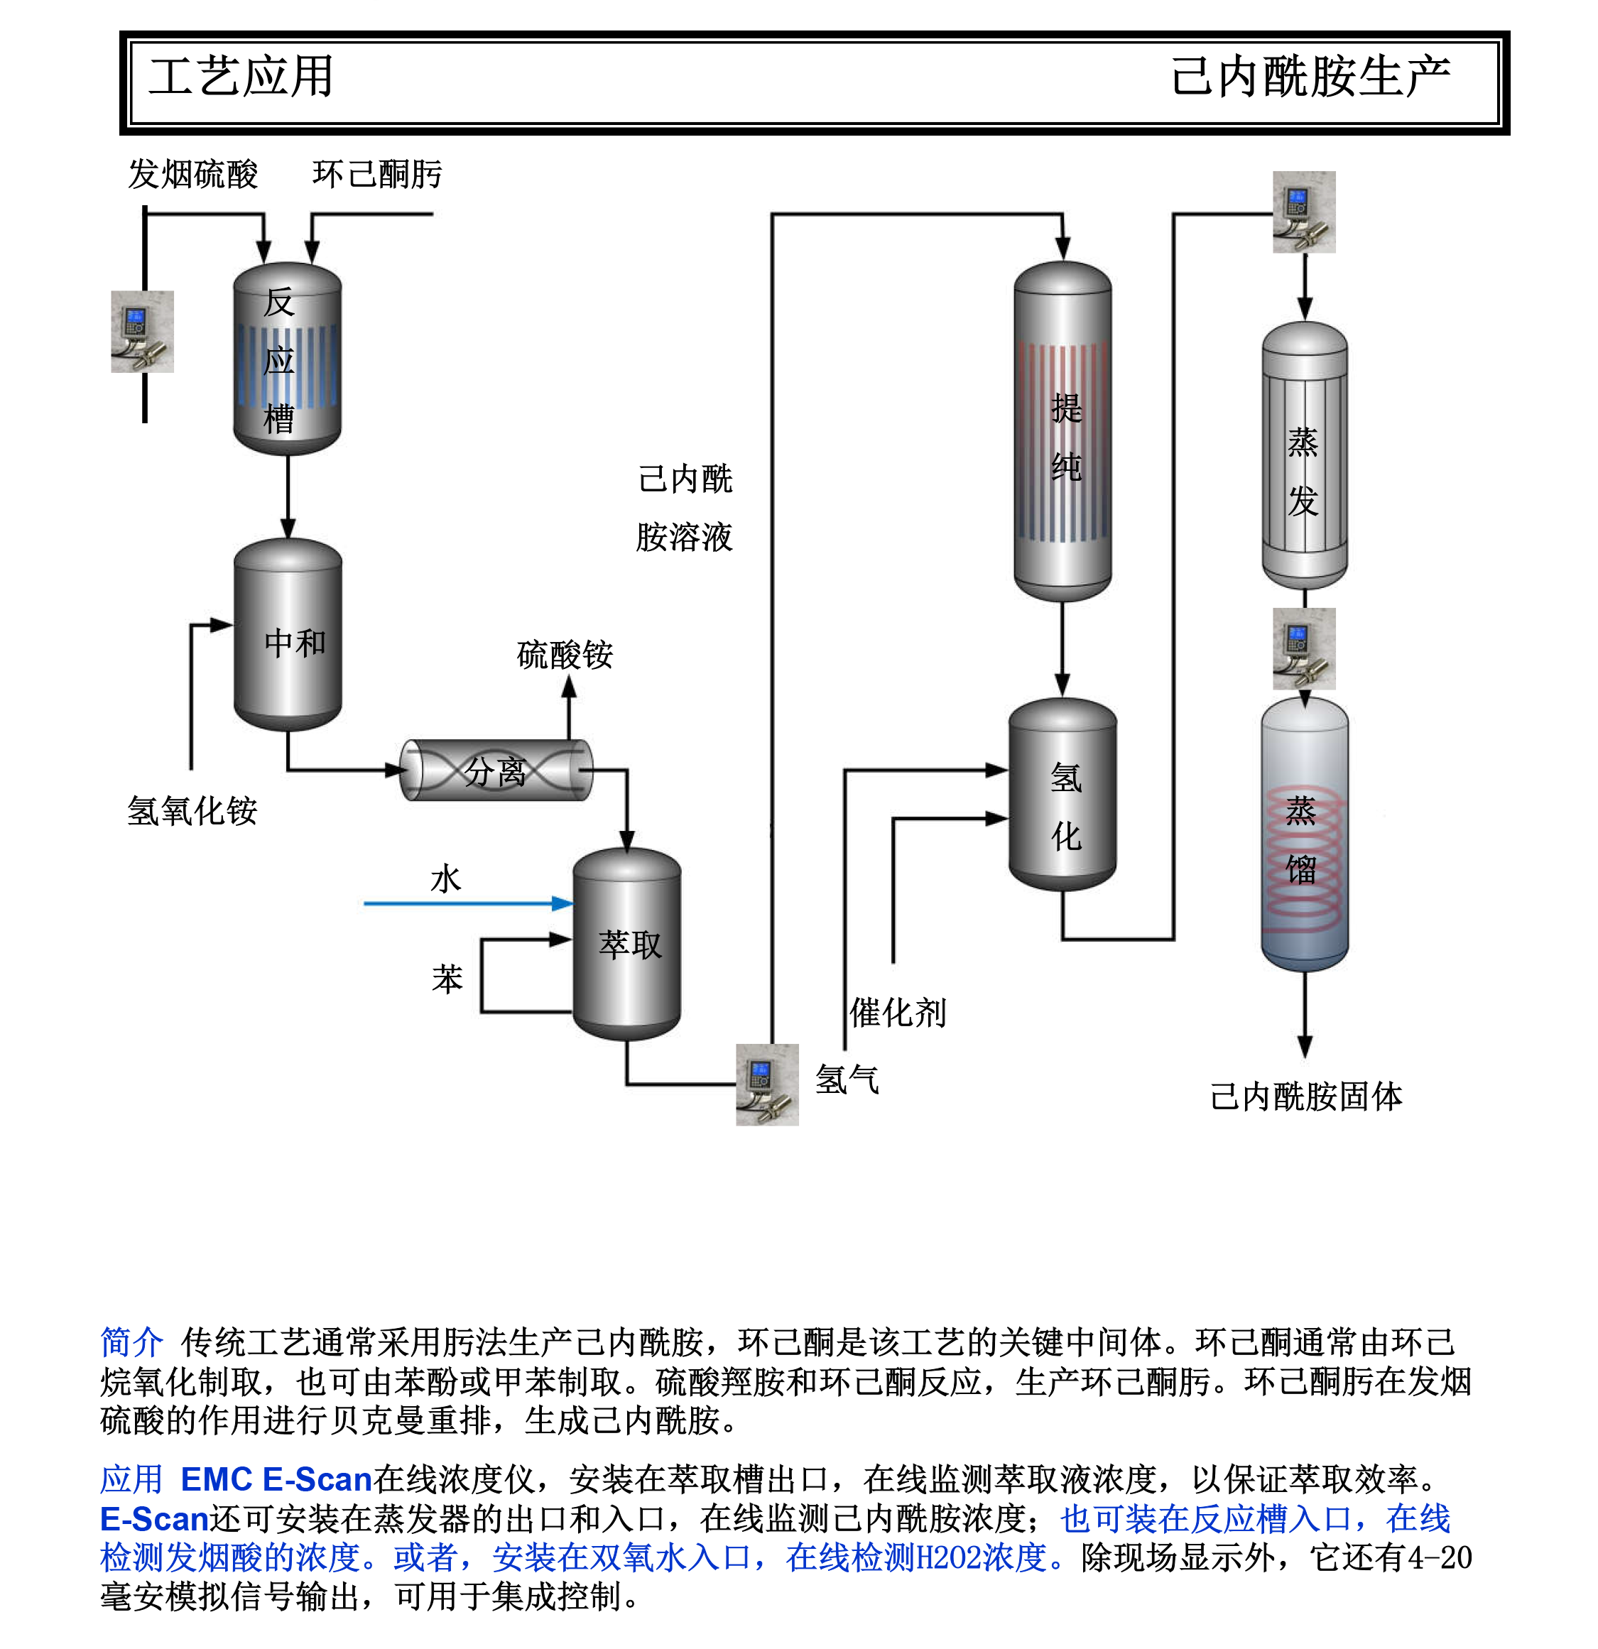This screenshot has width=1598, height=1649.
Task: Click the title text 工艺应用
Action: [x=241, y=77]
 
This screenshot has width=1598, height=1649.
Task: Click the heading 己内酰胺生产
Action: [x=1310, y=77]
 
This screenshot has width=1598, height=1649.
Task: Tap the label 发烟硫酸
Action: [x=192, y=174]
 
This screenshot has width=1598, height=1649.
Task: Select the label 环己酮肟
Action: [x=377, y=174]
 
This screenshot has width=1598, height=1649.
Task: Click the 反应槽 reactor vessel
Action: [x=287, y=359]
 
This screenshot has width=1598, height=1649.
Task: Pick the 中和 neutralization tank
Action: [x=288, y=635]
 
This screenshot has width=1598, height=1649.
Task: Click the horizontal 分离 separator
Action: [x=496, y=770]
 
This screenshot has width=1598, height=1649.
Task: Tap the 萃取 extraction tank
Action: [x=627, y=944]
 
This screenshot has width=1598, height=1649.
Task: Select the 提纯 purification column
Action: [x=1062, y=432]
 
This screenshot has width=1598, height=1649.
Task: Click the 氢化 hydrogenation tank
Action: [x=1062, y=795]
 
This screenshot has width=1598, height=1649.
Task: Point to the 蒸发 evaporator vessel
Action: [x=1304, y=455]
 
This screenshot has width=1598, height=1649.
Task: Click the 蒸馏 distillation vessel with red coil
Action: [x=1304, y=835]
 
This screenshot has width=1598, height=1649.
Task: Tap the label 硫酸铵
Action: [x=565, y=655]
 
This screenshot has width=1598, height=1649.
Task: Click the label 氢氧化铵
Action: [x=192, y=811]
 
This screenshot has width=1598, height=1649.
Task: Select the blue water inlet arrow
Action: [x=468, y=903]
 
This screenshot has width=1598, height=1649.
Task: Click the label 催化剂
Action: [x=898, y=1012]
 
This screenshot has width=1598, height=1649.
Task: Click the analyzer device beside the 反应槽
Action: [x=142, y=332]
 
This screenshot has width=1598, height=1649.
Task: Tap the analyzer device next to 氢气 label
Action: [x=766, y=1084]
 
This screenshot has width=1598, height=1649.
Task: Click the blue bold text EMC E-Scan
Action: [x=276, y=1479]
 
